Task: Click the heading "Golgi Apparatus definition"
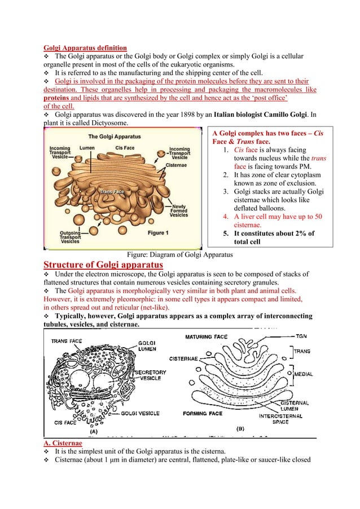[x=85, y=47]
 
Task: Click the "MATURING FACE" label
[x=207, y=337]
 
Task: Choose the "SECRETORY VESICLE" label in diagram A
[x=150, y=375]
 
